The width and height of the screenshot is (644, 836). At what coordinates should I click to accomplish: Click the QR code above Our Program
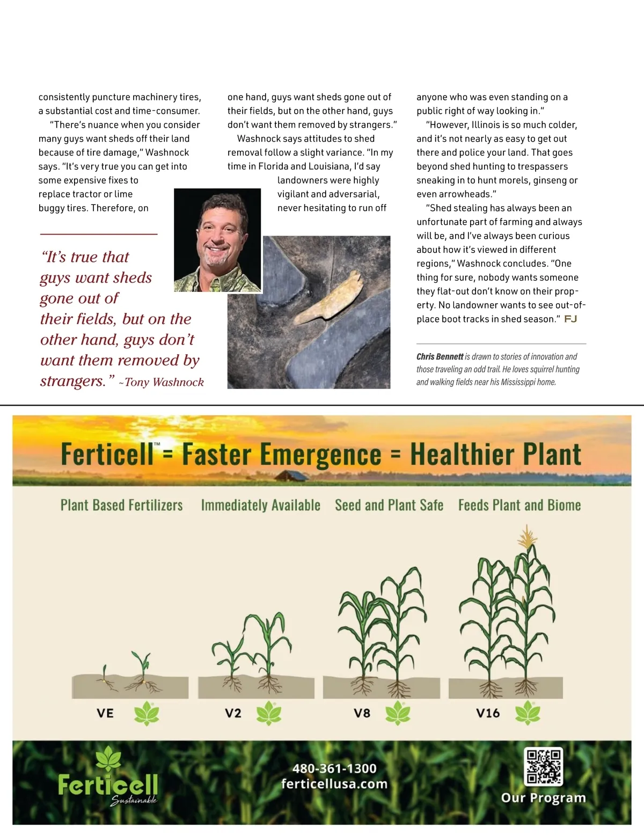click(543, 766)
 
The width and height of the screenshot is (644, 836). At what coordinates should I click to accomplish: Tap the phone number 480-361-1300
click(334, 768)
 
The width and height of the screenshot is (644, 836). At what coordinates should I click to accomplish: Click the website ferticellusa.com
click(334, 784)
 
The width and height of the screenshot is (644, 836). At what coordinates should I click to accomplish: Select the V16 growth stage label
click(488, 713)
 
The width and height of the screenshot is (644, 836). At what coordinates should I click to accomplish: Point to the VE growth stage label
click(105, 713)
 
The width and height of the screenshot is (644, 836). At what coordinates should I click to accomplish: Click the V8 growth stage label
click(362, 713)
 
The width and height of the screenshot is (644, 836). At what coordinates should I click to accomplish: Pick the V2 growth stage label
click(233, 713)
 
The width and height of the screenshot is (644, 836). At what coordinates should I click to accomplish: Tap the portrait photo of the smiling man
click(218, 240)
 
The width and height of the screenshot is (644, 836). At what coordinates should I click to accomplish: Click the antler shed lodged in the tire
click(327, 301)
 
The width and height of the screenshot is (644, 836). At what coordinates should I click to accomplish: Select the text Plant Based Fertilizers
click(122, 505)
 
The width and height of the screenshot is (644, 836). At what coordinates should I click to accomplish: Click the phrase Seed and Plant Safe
click(389, 505)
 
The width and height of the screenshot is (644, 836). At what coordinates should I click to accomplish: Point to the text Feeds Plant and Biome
click(519, 505)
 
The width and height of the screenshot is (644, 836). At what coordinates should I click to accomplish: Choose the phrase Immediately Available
click(260, 505)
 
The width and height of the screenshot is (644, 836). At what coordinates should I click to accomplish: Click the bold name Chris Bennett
click(440, 357)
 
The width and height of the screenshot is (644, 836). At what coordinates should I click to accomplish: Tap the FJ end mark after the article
click(570, 319)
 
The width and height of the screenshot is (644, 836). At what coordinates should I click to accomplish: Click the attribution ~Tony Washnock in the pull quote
click(162, 382)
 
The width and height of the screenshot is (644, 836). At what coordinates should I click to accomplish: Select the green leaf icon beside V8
click(398, 713)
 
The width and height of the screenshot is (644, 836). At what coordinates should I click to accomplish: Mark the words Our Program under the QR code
click(543, 798)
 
